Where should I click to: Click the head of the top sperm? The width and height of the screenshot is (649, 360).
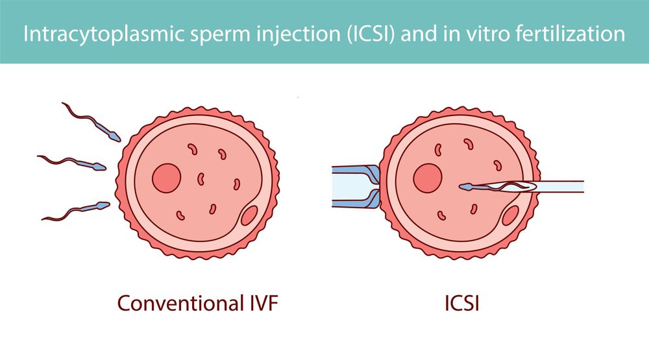(116, 137)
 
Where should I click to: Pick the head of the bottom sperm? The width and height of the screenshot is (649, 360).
(103, 207)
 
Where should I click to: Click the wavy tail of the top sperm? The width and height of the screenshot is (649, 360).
(81, 116)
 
